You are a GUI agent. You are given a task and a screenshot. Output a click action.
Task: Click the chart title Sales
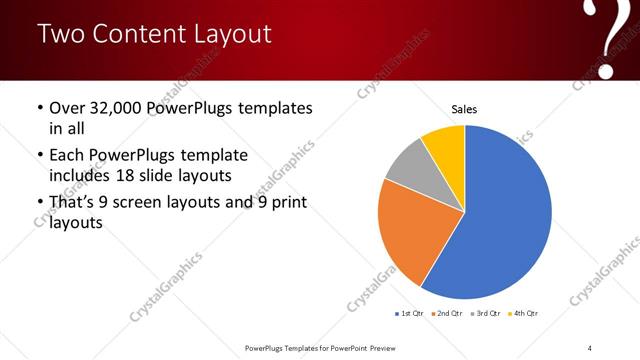pos(465,108)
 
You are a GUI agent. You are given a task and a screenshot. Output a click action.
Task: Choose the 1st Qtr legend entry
pos(410,313)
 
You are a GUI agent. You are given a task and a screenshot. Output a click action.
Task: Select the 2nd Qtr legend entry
pos(446,313)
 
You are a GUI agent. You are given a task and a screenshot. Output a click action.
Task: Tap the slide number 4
pos(590,347)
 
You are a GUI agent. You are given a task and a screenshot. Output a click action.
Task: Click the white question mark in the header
pos(609,38)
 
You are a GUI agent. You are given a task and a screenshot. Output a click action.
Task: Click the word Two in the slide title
pos(59,34)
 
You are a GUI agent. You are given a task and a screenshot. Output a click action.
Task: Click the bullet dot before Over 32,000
pos(39,108)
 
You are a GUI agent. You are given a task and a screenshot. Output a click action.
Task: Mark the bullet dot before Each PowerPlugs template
pos(39,156)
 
